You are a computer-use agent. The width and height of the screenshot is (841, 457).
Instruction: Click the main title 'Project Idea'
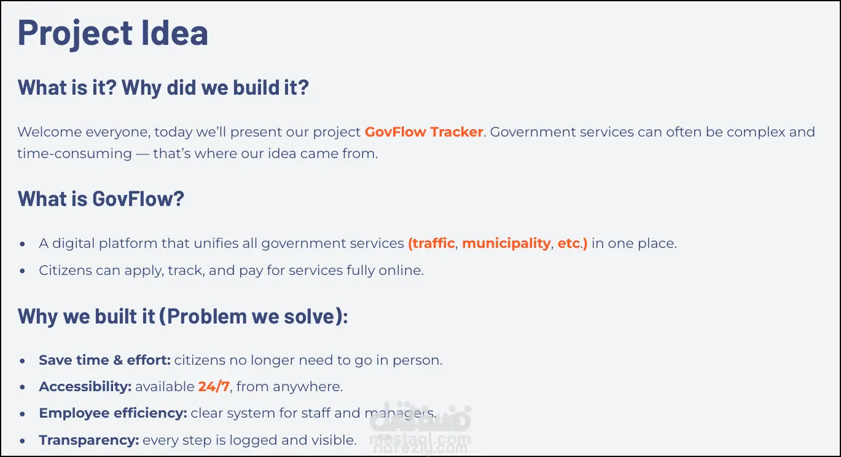pos(112,33)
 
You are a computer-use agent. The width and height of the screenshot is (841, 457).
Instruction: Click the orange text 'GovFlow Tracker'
pos(423,132)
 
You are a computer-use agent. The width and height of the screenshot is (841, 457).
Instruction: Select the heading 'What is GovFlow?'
pos(101,199)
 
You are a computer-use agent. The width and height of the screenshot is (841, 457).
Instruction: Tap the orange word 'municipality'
pos(506,244)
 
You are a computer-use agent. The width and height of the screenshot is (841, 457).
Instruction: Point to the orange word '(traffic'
pos(431,244)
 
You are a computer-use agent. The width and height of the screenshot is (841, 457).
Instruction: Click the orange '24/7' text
pos(214,386)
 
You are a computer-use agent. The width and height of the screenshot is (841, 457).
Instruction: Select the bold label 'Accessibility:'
pos(85,386)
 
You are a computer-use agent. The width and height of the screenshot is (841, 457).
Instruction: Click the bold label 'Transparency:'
pos(89,440)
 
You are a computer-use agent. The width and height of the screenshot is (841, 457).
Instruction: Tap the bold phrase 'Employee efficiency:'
pos(113,413)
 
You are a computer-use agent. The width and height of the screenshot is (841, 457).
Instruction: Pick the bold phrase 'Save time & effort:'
pos(105,360)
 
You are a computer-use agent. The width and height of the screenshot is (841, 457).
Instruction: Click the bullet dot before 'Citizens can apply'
pos(23,271)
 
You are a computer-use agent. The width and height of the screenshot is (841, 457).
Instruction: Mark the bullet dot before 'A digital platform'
pos(23,244)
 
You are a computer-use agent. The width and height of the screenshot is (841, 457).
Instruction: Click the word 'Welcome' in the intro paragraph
pos(50,132)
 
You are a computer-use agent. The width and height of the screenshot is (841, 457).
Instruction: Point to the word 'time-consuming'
pos(75,154)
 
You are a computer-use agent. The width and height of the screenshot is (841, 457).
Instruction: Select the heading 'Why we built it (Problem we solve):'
pos(183,316)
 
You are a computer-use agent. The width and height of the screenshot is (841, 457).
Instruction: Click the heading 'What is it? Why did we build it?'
pos(163,87)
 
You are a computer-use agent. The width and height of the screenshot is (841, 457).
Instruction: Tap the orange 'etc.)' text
pos(573,244)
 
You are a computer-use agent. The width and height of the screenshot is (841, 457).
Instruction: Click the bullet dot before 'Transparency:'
pos(23,440)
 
